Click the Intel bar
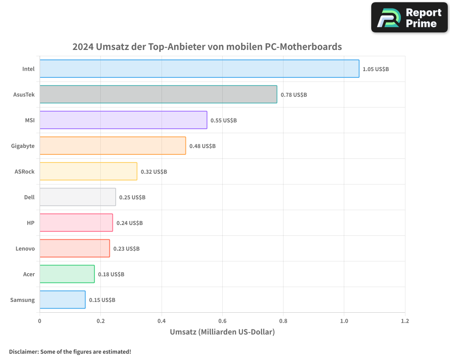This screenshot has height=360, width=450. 199,69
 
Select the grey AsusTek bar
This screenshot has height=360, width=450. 158,94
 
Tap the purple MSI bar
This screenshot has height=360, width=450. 123,120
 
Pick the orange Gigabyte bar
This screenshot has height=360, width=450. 112,146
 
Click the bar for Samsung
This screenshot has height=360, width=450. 63,300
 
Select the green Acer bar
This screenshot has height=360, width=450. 67,274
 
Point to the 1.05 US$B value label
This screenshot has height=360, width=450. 376,69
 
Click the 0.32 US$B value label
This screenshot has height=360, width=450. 154,172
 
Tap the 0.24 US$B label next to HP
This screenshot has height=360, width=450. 130,223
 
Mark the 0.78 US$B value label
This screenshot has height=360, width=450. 294,95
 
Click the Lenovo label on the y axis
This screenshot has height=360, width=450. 25,248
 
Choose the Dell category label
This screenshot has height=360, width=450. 29,197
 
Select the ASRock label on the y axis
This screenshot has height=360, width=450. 24,171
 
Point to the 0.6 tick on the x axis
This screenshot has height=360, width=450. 222,321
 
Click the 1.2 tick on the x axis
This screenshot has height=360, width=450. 405,321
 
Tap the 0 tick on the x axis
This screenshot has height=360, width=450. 40,321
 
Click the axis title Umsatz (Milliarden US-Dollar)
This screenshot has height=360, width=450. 222,332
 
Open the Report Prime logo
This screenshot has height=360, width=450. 409,18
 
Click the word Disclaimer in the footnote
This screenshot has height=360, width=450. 23,352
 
